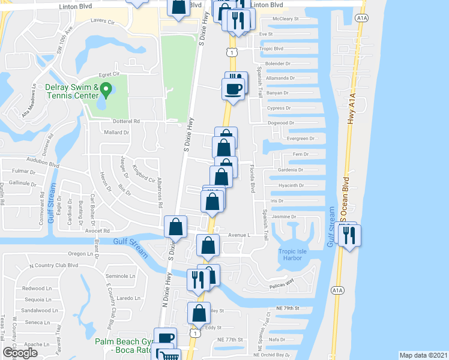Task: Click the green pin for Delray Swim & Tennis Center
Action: pos(106,91)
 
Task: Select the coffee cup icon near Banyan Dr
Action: pos(233,89)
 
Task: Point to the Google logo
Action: pos(20,353)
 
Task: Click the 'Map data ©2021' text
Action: pos(423,355)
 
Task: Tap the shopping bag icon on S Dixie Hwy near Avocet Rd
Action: pos(175,227)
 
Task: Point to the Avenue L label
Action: pos(238,235)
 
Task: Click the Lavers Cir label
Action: pos(102,20)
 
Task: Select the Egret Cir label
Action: pos(113,74)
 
